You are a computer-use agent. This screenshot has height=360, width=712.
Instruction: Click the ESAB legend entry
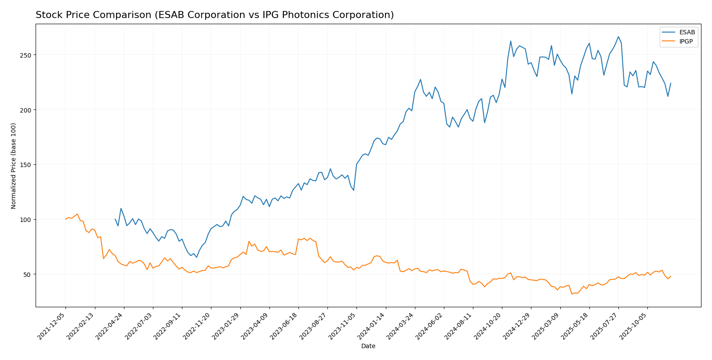[x=687, y=33]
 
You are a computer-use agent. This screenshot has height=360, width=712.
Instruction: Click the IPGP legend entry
[x=686, y=42]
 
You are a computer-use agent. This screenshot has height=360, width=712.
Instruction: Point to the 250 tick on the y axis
[x=27, y=55]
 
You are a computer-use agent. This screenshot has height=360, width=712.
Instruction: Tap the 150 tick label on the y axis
[x=27, y=165]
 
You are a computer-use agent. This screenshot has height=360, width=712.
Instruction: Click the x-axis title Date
[x=368, y=346]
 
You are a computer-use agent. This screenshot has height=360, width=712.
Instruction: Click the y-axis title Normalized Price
[x=14, y=166]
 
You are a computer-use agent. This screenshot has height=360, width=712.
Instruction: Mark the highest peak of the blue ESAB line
[x=618, y=36]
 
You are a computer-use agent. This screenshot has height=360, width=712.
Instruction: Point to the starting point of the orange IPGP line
[x=65, y=219]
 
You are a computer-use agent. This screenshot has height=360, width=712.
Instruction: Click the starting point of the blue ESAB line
[x=115, y=219]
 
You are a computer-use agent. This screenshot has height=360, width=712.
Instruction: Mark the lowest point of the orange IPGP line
[x=572, y=294]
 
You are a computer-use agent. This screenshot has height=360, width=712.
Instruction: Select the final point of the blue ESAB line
[x=671, y=83]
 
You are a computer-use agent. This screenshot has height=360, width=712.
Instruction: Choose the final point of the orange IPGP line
[x=671, y=276]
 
